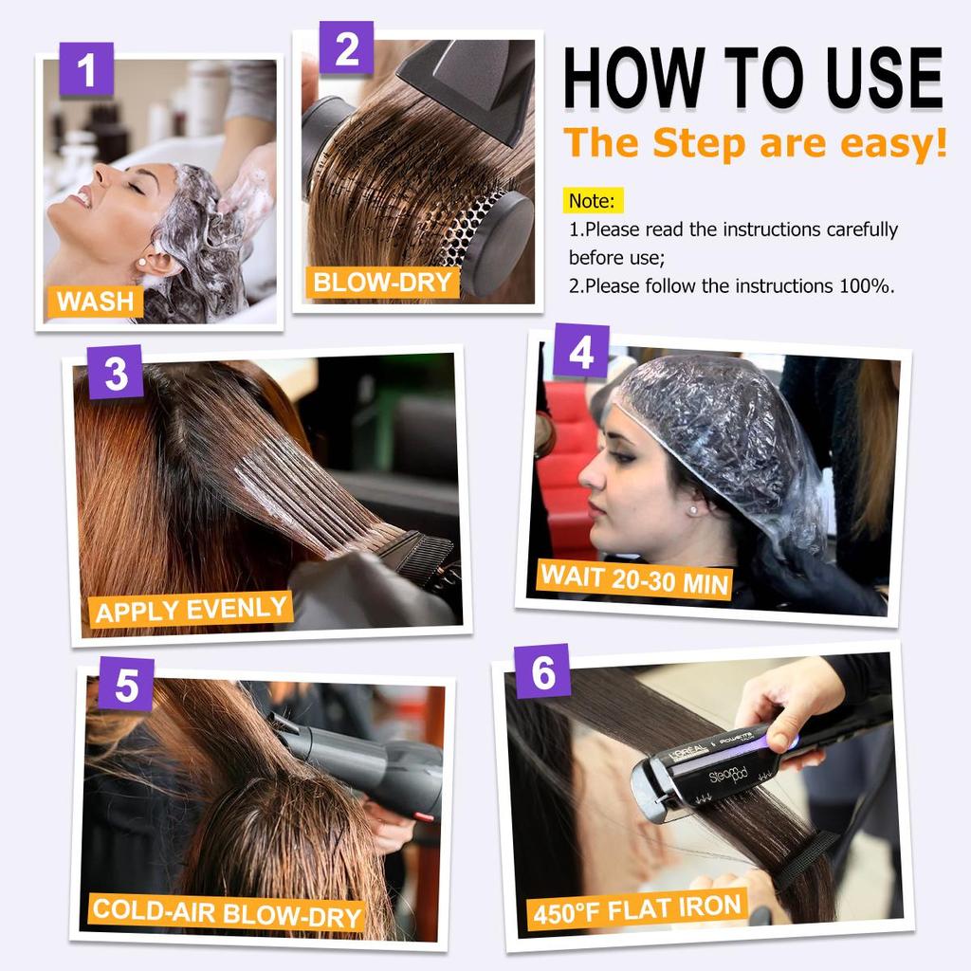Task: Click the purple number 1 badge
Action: pyautogui.click(x=86, y=69)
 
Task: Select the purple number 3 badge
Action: pyautogui.click(x=116, y=372)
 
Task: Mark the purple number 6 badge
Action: pyautogui.click(x=542, y=671)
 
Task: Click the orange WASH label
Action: pyautogui.click(x=95, y=302)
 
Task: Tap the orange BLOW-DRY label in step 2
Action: pyautogui.click(x=382, y=282)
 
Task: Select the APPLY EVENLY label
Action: pyautogui.click(x=192, y=609)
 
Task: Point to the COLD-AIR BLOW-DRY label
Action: pyautogui.click(x=228, y=914)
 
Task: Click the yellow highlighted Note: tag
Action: pyautogui.click(x=595, y=201)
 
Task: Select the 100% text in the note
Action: pyautogui.click(x=866, y=285)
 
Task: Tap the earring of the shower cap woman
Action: pyautogui.click(x=693, y=509)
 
